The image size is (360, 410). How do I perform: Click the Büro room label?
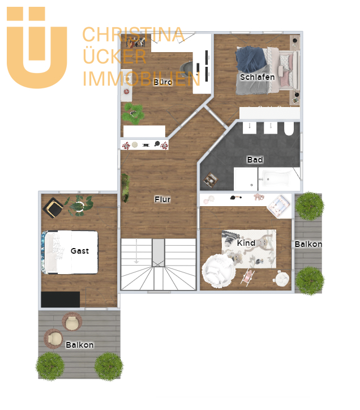[162, 82]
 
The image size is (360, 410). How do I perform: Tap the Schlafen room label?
[257, 77]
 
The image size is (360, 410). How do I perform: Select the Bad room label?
[255, 160]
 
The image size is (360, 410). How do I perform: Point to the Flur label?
[162, 199]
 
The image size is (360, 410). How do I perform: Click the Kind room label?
[246, 243]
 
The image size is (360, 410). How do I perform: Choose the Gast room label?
[80, 251]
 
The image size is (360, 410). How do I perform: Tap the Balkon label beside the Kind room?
[308, 244]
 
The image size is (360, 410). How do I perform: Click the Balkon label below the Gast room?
[80, 345]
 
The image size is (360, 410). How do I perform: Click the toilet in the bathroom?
[289, 129]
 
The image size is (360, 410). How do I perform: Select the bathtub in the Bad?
[278, 179]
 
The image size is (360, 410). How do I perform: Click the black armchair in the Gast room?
[53, 208]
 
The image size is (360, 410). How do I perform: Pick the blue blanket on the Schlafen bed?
[251, 59]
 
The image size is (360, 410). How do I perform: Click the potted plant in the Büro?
[133, 114]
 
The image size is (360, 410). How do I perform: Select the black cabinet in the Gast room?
[61, 300]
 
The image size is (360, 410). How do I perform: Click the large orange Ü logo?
[37, 48]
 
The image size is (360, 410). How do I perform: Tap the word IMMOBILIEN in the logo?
[142, 79]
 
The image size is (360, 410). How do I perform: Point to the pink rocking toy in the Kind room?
[247, 277]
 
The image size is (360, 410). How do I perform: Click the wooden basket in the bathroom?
[211, 180]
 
